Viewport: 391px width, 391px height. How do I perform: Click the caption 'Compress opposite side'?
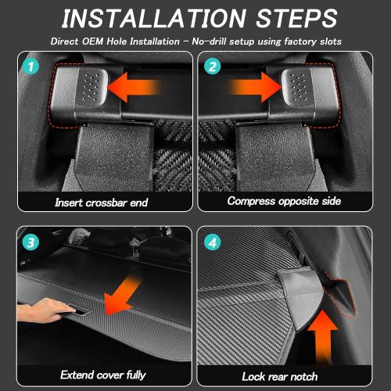(283, 202)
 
